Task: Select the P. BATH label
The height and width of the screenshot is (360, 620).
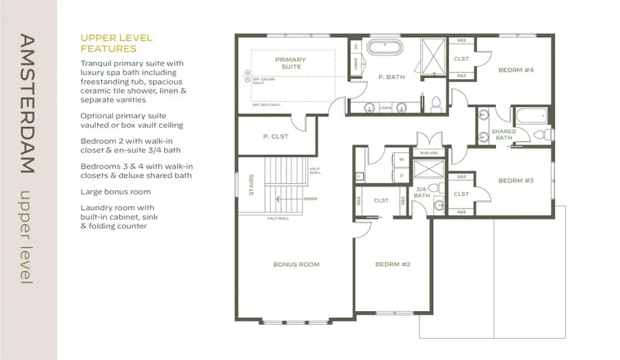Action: point(391,78)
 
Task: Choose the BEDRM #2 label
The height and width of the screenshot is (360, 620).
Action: point(393,264)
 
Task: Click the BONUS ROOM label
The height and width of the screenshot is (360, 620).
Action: point(296,264)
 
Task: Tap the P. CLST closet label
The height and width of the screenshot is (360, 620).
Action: point(276,136)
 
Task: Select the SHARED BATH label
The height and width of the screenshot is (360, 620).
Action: point(503,134)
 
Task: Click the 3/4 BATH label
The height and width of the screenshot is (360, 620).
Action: point(422,192)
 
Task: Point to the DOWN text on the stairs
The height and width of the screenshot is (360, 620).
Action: point(309,199)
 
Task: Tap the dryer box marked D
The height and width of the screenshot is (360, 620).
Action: point(401,175)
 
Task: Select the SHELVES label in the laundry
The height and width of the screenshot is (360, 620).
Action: point(428,153)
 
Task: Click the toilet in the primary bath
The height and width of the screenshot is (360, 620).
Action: point(435,105)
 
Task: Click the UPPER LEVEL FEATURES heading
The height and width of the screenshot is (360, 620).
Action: point(116,43)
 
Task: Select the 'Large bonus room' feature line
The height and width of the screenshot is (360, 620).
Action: point(115,191)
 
